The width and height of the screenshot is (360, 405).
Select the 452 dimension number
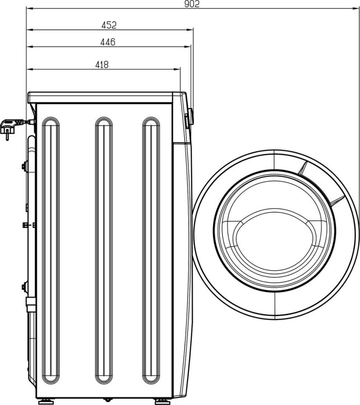(109, 25)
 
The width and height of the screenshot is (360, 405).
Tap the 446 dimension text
(108, 42)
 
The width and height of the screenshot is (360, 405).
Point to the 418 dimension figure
(101, 64)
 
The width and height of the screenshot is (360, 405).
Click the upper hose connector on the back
(25, 166)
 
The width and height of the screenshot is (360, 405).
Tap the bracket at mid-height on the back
(27, 225)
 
